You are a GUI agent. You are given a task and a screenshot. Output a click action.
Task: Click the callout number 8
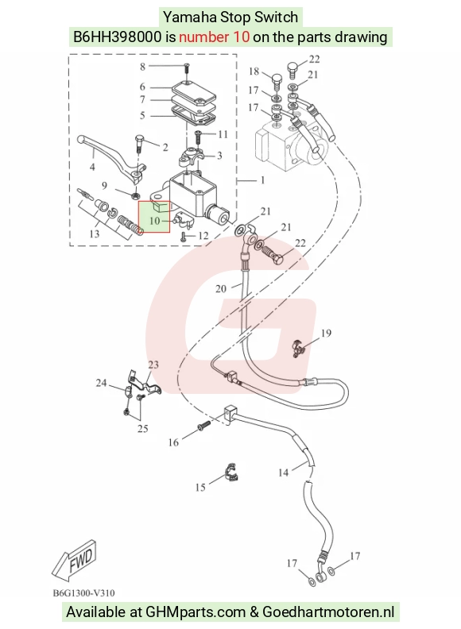pyautogui.click(x=142, y=67)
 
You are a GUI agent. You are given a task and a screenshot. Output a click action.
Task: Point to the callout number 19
pyautogui.click(x=326, y=333)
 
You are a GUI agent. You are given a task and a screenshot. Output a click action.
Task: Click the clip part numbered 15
pyautogui.click(x=230, y=473)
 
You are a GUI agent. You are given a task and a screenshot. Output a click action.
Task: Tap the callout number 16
pyautogui.click(x=173, y=442)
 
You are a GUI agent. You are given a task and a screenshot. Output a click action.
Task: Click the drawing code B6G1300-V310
pyautogui.click(x=84, y=593)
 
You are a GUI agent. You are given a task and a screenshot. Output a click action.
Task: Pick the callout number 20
pyautogui.click(x=221, y=288)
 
